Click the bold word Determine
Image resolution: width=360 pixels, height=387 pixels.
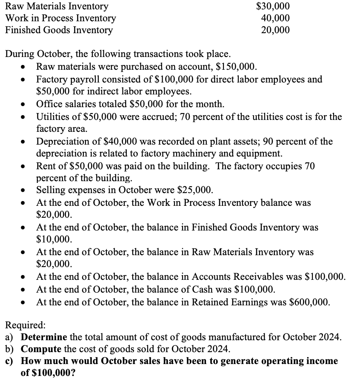[44, 338]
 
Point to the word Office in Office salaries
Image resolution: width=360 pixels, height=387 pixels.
[49, 104]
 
